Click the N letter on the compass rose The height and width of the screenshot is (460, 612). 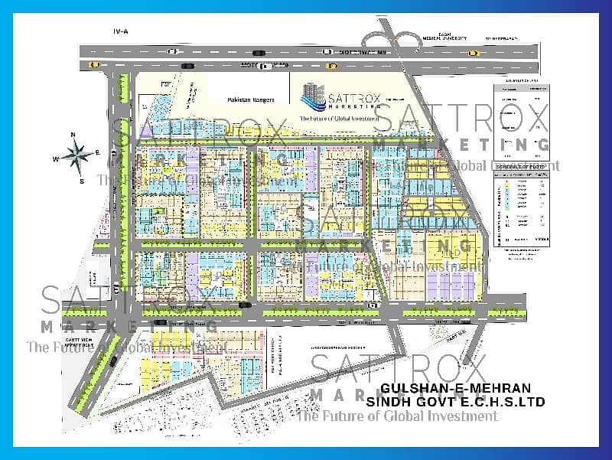(x=73, y=135)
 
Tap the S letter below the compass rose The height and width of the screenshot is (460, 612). (x=82, y=181)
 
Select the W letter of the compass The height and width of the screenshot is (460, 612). (x=56, y=160)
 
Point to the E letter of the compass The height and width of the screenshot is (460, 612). (x=98, y=153)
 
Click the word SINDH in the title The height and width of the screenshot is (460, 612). (x=387, y=401)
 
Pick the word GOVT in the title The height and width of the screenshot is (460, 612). (x=433, y=401)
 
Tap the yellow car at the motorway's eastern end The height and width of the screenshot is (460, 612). (x=473, y=53)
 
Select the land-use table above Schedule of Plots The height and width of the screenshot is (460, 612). (x=522, y=115)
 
